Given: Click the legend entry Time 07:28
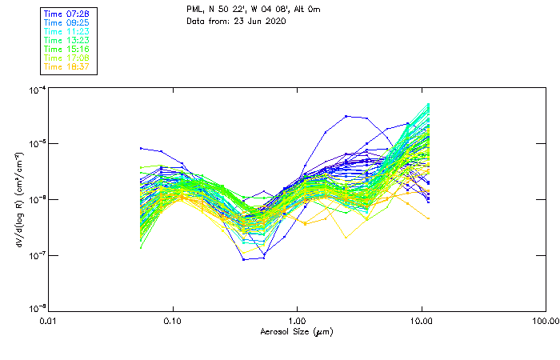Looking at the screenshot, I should (x=66, y=14).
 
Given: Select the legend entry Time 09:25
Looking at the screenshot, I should (x=66, y=22).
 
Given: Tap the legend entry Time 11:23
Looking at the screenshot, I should (x=66, y=31).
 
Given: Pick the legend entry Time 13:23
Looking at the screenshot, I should (x=66, y=40).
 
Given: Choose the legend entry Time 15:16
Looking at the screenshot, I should (x=66, y=49).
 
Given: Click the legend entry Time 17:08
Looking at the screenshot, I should (x=66, y=58).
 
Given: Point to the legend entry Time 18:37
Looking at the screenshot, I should (x=66, y=66).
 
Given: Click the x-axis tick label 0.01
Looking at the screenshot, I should (x=49, y=321).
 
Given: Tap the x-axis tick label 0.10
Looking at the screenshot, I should (x=173, y=321).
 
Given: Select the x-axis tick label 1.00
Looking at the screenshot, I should (x=297, y=321).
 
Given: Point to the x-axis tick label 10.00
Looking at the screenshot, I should (x=421, y=321).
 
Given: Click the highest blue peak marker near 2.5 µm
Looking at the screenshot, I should (x=346, y=116).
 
